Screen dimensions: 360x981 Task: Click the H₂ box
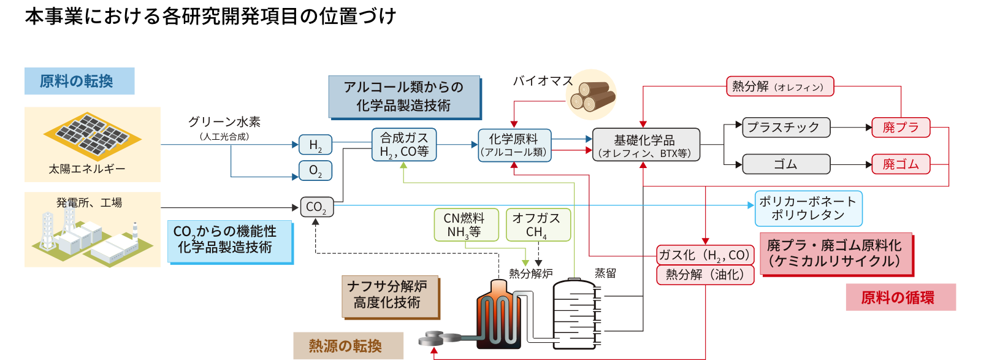[x=315, y=145]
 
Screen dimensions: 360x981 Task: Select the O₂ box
[x=315, y=170]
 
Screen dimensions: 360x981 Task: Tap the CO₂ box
[x=316, y=207]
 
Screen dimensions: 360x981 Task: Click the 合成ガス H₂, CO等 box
[x=403, y=145]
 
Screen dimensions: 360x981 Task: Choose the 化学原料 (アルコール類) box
[x=514, y=145]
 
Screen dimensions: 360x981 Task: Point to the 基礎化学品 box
[x=645, y=145]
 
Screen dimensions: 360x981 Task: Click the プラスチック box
[x=786, y=128]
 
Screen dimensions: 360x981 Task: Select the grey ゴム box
[x=786, y=164]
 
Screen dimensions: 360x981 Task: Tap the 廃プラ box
[x=901, y=128]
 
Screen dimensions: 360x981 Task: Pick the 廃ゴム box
[x=901, y=164]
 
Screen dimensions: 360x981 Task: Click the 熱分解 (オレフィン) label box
[x=780, y=86]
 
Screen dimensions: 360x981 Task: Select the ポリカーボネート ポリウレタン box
[x=808, y=209]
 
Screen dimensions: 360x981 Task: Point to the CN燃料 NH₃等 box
[x=465, y=225]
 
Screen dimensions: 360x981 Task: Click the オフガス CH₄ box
[x=538, y=225]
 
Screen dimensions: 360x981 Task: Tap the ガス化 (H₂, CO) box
[x=704, y=255]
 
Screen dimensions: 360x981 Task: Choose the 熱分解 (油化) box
[x=704, y=275]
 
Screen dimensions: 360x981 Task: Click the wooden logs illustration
[x=590, y=95]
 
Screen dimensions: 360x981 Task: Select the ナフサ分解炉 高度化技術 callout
[x=389, y=296]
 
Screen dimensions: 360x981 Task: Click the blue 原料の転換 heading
[x=79, y=81]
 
